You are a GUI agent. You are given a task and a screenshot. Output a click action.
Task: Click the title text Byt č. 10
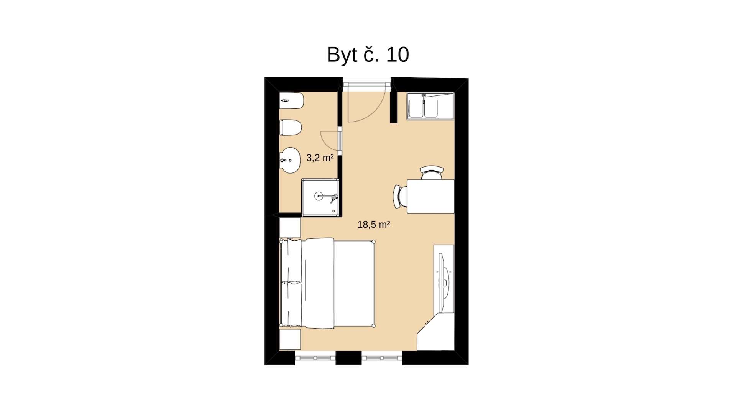368,55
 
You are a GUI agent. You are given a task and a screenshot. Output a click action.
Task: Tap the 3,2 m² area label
320,158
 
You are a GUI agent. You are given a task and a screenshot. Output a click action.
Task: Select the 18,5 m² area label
374,225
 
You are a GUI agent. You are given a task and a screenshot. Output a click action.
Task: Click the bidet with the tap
291,100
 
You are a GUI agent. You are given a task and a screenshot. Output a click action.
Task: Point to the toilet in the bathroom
291,127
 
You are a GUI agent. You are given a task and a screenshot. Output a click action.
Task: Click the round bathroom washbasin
290,160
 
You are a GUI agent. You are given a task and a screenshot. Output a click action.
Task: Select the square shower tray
320,197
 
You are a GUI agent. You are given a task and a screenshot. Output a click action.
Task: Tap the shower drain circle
319,196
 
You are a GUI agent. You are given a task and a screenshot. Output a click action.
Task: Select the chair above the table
432,172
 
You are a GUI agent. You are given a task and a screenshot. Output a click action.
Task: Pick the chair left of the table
400,196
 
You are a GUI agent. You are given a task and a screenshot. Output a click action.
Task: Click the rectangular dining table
430,196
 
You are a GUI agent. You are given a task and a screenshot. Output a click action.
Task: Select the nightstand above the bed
290,227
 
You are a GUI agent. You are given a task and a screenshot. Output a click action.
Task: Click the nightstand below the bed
290,339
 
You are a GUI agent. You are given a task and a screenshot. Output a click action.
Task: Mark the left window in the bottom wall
315,358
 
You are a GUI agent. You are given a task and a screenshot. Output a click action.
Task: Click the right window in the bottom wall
382,358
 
